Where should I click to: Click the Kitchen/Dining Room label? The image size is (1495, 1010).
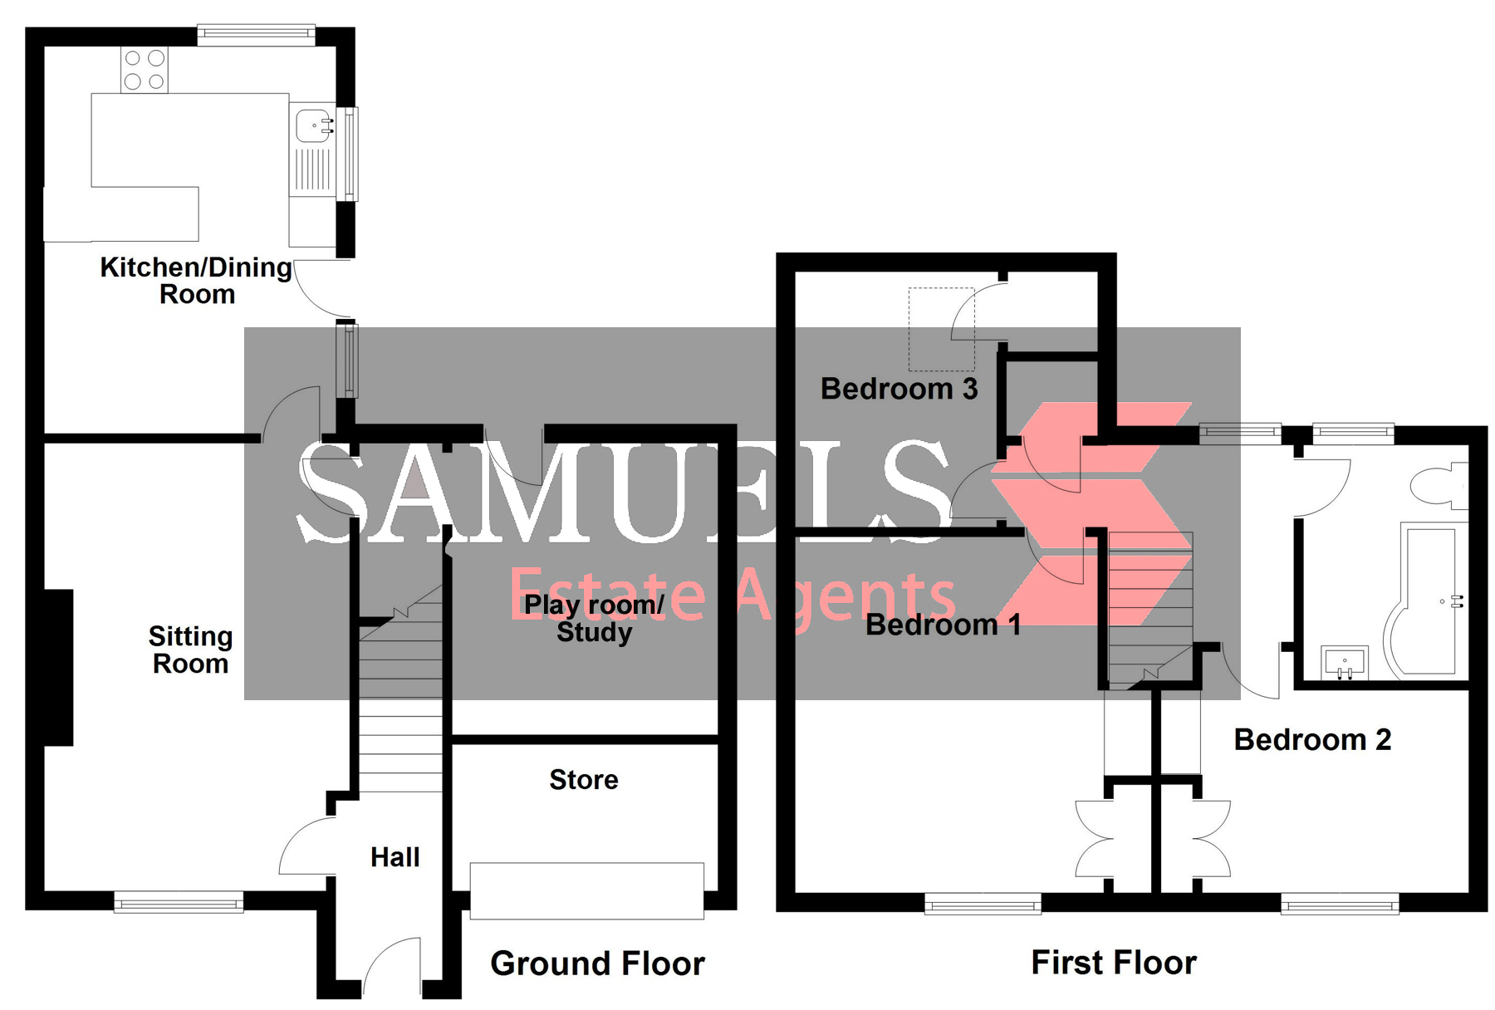[x=196, y=281]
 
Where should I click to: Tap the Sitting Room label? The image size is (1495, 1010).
[x=190, y=650]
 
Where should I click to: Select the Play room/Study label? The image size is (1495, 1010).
[x=594, y=619]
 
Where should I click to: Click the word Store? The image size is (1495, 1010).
[x=584, y=780]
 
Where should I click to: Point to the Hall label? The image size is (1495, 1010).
[x=395, y=857]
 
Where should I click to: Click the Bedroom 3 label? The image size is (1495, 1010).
[x=899, y=389]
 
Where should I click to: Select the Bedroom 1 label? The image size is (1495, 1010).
[x=943, y=625]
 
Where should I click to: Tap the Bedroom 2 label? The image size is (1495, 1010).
[x=1312, y=739]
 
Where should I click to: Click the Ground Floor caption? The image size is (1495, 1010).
[x=597, y=963]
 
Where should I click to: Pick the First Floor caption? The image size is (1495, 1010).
[x=1114, y=963]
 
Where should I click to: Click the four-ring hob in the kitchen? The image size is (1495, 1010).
[x=145, y=70]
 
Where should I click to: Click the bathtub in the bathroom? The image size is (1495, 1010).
[x=1427, y=598]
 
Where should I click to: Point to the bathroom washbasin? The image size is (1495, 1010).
[x=1344, y=662]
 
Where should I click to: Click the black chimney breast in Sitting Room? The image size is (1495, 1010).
[x=58, y=667]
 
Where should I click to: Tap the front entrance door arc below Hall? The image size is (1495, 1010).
[x=392, y=968]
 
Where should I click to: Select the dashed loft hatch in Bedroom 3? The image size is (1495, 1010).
[x=941, y=329]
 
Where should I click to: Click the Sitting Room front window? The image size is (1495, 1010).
[x=179, y=903]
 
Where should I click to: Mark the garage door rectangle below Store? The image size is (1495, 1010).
[x=586, y=890]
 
